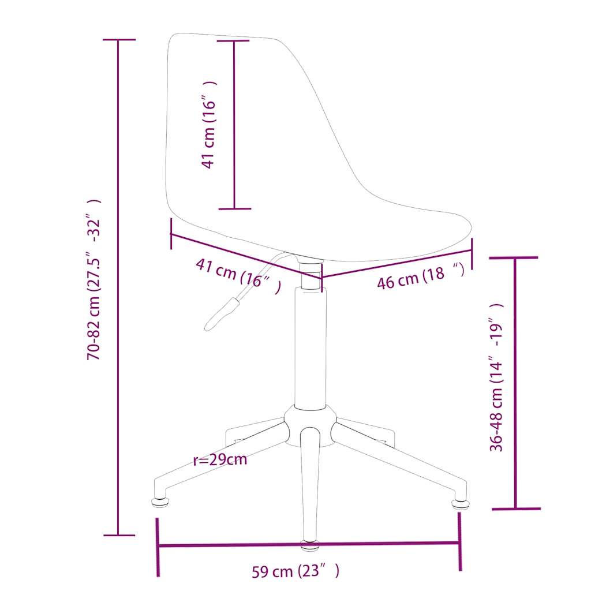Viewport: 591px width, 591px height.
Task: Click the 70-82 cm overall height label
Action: coord(94,280)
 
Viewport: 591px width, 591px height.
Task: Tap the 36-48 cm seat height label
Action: coord(496,377)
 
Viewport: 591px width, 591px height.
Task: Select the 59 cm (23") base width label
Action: coord(295,571)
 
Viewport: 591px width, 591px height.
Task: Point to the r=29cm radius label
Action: coord(220,459)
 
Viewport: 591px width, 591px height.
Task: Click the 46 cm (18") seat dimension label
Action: coord(421,276)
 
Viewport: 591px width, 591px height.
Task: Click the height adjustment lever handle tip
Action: coord(208,328)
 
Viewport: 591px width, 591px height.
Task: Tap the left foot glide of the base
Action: coord(160,503)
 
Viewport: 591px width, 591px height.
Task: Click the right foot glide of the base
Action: coord(459,504)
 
